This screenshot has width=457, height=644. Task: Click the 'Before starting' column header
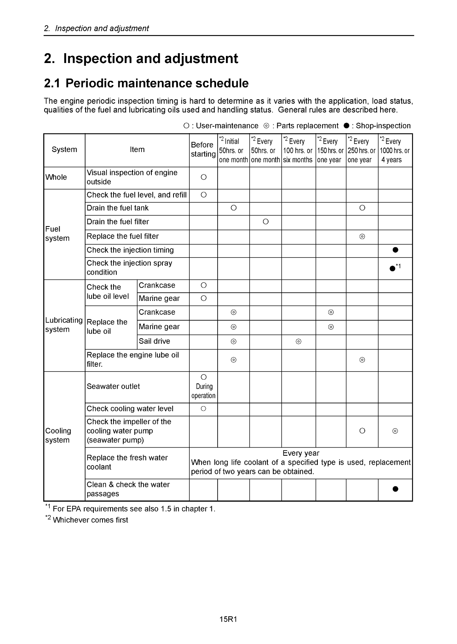(x=203, y=150)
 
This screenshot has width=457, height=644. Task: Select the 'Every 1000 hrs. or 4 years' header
(x=395, y=150)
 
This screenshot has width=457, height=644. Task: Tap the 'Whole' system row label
(x=56, y=177)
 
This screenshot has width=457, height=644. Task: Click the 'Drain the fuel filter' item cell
(x=118, y=222)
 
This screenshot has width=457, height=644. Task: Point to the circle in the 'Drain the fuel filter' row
(x=265, y=222)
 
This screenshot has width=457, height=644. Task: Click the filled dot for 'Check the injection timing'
(x=395, y=250)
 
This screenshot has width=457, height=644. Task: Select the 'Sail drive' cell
(x=155, y=341)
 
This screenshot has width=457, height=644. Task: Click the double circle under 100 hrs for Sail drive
(x=298, y=341)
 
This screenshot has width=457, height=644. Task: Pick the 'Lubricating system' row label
(x=64, y=325)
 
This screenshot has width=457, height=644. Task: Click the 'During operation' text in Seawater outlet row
(x=203, y=391)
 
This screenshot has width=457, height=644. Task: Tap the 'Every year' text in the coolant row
(x=301, y=453)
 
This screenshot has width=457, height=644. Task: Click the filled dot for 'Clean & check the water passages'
(x=395, y=489)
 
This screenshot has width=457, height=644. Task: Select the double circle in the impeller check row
(x=395, y=431)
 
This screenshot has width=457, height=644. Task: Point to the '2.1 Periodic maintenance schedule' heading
(x=146, y=84)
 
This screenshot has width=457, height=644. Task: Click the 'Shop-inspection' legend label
(x=383, y=126)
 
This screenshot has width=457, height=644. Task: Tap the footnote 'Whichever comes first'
(x=90, y=520)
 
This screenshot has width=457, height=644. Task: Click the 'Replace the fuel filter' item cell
(x=123, y=236)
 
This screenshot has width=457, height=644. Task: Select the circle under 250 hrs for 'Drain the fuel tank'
(x=362, y=208)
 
